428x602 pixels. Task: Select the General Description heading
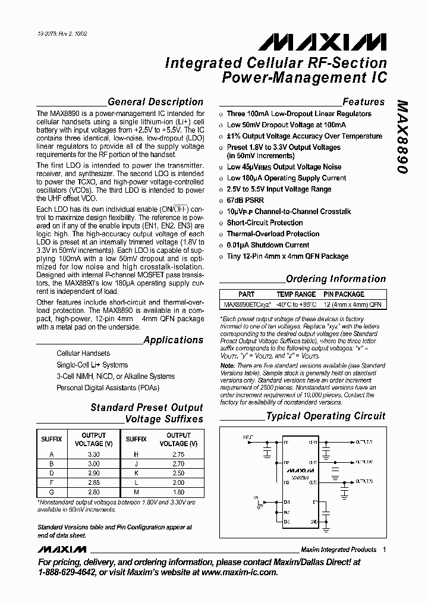click(x=155, y=102)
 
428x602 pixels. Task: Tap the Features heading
click(x=363, y=102)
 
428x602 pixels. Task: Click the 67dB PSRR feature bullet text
click(x=245, y=200)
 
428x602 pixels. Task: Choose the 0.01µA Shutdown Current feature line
click(x=268, y=245)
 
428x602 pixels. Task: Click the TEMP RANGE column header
click(x=296, y=294)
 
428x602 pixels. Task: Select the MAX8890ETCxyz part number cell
click(x=247, y=305)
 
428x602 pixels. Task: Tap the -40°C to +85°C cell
click(x=296, y=305)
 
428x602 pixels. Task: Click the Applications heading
click(x=173, y=340)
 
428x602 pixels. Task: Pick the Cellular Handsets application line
click(x=83, y=353)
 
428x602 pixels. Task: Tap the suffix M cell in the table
click(x=136, y=492)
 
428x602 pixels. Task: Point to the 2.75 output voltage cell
click(x=177, y=454)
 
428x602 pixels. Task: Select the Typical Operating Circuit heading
click(x=325, y=416)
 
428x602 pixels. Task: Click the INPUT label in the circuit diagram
click(x=248, y=438)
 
